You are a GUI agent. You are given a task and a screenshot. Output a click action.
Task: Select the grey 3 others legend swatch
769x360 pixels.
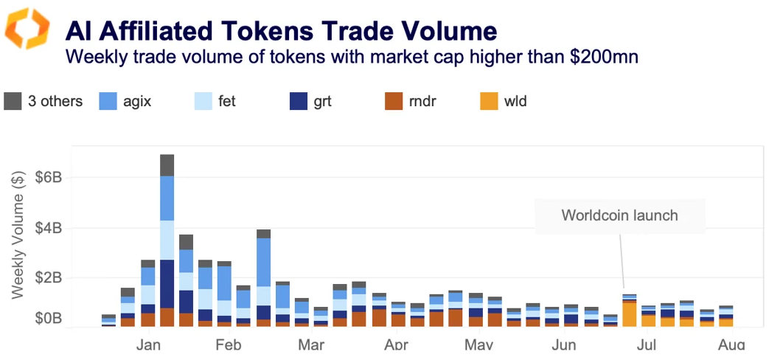pyautogui.click(x=13, y=102)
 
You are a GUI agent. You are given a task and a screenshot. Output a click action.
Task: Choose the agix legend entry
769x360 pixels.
pyautogui.click(x=124, y=102)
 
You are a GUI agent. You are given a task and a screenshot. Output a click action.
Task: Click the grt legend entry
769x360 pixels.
pyautogui.click(x=310, y=102)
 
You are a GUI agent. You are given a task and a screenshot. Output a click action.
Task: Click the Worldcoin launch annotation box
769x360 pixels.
pyautogui.click(x=619, y=216)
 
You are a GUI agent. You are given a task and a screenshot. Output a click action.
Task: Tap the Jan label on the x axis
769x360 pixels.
pyautogui.click(x=148, y=345)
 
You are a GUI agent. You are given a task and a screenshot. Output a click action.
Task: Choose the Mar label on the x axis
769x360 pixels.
pyautogui.click(x=312, y=345)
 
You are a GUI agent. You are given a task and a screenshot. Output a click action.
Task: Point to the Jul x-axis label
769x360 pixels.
pyautogui.click(x=647, y=345)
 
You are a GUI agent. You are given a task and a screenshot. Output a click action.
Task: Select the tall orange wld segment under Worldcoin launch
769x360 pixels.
pyautogui.click(x=629, y=314)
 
